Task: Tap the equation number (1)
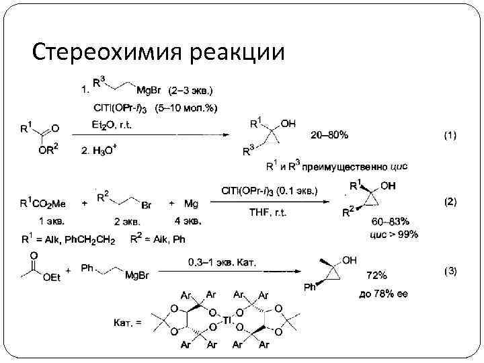click(x=448, y=135)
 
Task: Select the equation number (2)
click(x=448, y=201)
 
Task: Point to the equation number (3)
click(x=449, y=271)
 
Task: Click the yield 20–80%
click(x=329, y=135)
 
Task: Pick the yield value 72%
click(x=376, y=276)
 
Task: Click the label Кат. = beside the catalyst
click(x=128, y=323)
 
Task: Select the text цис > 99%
click(x=395, y=234)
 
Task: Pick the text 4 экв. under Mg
click(x=187, y=220)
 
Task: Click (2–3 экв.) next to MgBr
click(x=192, y=89)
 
